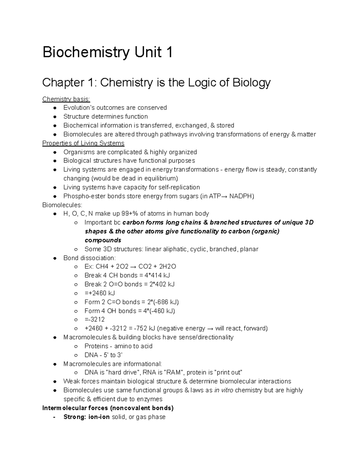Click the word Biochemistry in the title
click(85, 53)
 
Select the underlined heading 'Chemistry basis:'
click(66, 99)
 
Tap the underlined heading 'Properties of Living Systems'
click(83, 143)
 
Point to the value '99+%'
click(130, 214)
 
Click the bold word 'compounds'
click(103, 240)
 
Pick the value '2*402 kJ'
click(162, 284)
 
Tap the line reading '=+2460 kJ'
click(100, 293)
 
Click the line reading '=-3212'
click(95, 320)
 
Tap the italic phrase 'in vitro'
click(223, 390)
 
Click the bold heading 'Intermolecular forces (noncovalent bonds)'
click(108, 408)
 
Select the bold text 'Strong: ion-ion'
click(86, 417)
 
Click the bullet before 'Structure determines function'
click(55, 117)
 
